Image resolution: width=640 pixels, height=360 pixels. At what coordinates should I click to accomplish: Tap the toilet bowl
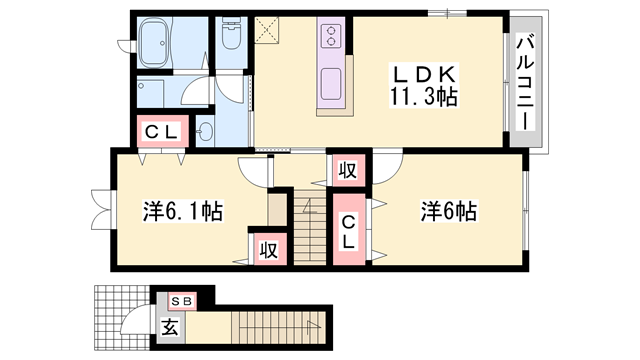(231, 38)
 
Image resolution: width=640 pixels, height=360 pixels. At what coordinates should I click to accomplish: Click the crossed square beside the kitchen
(267, 30)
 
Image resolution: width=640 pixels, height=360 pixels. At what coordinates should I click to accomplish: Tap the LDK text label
(425, 75)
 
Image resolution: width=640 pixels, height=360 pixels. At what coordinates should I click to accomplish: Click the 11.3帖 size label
(425, 98)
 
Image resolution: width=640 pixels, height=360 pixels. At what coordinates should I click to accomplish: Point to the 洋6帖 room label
(448, 211)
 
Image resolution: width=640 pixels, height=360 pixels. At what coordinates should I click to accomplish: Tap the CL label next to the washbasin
(160, 132)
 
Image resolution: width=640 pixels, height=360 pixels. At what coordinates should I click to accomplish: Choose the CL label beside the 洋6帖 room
(348, 233)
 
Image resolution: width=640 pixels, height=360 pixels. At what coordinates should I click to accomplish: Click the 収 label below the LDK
(346, 170)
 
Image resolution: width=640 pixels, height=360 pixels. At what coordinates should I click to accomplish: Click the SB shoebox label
(181, 299)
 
